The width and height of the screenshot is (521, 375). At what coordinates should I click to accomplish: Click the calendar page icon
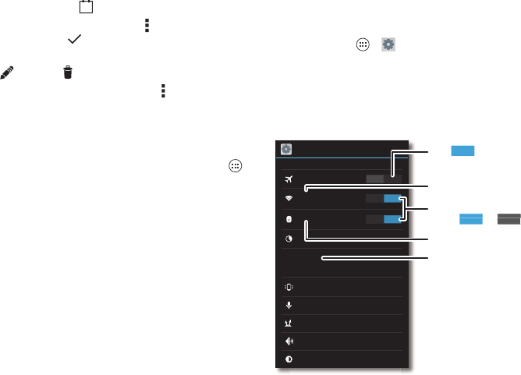click(x=85, y=7)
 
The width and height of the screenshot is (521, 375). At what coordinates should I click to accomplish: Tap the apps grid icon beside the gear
click(x=362, y=45)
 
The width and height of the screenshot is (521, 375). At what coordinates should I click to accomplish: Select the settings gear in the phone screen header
click(x=286, y=149)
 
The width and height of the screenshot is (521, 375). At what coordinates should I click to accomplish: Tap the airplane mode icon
click(x=289, y=179)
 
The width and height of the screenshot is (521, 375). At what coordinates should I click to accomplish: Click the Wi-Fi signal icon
click(x=289, y=199)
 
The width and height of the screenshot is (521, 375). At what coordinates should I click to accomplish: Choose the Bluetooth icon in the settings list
click(x=289, y=219)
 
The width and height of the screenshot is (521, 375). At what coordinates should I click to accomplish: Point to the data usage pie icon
click(x=289, y=239)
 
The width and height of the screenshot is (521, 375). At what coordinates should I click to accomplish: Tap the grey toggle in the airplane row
click(x=375, y=179)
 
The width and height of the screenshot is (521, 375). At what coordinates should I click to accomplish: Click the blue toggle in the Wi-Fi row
click(x=392, y=199)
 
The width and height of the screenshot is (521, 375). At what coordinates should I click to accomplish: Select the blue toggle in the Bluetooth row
click(x=392, y=219)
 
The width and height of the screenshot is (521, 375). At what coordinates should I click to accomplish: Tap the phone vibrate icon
click(x=289, y=286)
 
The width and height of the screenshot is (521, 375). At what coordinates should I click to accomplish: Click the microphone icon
click(x=289, y=306)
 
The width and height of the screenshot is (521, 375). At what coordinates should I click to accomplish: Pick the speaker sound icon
click(x=289, y=340)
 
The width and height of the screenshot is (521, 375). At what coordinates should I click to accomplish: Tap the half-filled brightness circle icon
click(x=289, y=359)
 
